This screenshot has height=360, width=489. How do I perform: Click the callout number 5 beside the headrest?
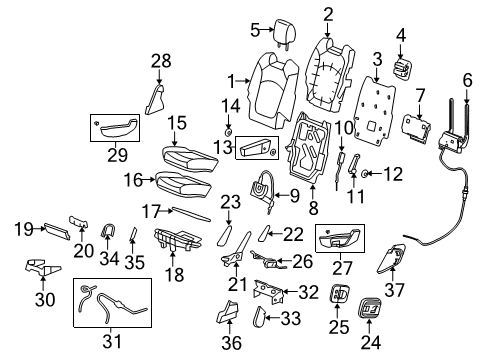click(255, 28)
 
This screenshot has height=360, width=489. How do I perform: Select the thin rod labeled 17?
click(190, 214)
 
